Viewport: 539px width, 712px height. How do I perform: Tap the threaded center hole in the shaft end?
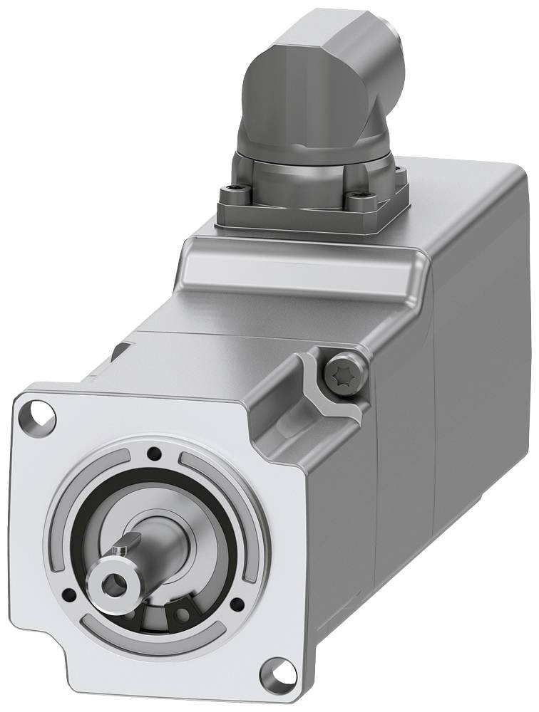[113, 585]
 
